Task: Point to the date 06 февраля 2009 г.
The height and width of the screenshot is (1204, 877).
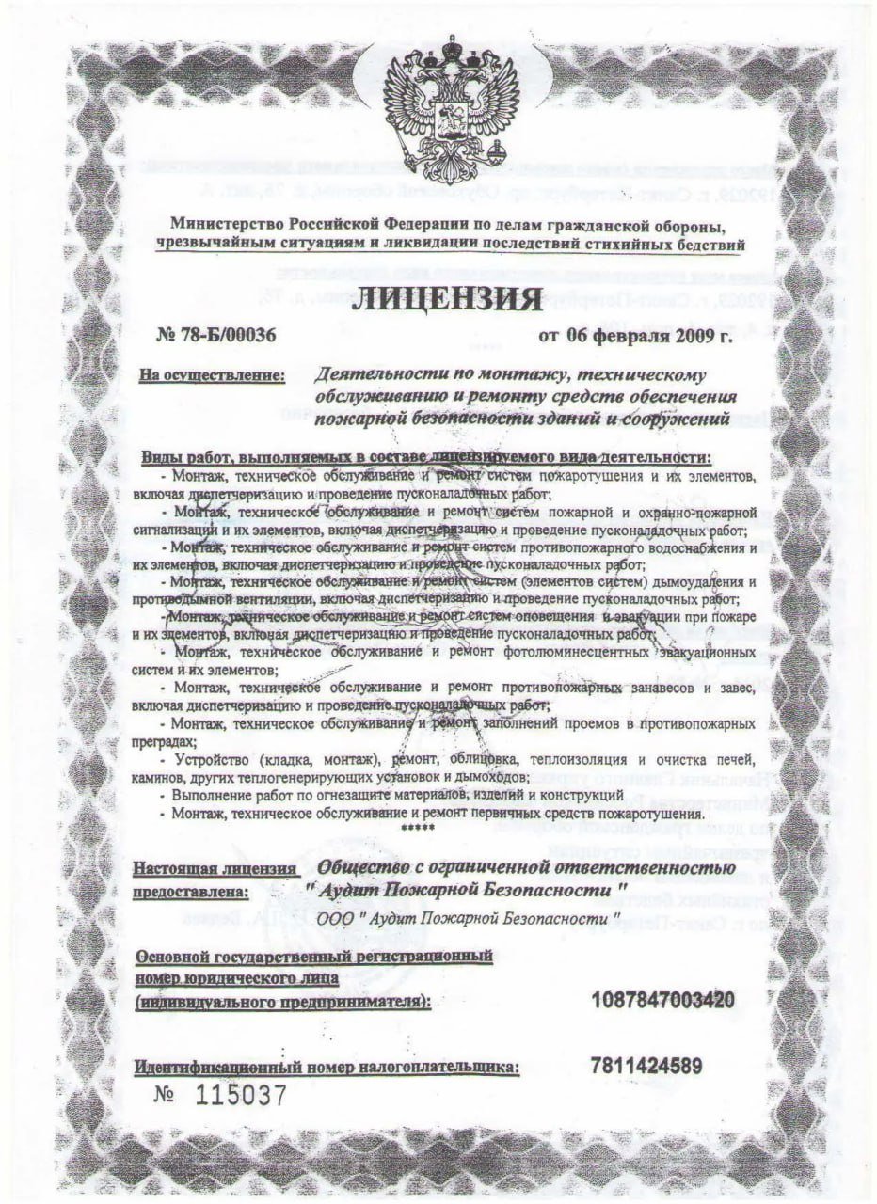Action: [x=635, y=335]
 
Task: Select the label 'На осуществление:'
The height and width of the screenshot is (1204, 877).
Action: [x=212, y=377]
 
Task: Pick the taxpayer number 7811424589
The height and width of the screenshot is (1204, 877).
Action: [x=648, y=1067]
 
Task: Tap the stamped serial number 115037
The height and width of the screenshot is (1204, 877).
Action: [x=239, y=1096]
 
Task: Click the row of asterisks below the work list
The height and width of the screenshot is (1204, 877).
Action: [x=416, y=828]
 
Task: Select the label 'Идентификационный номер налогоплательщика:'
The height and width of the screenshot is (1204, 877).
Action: [x=327, y=1068]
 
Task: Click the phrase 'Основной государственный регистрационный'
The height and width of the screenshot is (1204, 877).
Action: [x=314, y=957]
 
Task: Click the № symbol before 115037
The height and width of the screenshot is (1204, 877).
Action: [x=167, y=1096]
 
